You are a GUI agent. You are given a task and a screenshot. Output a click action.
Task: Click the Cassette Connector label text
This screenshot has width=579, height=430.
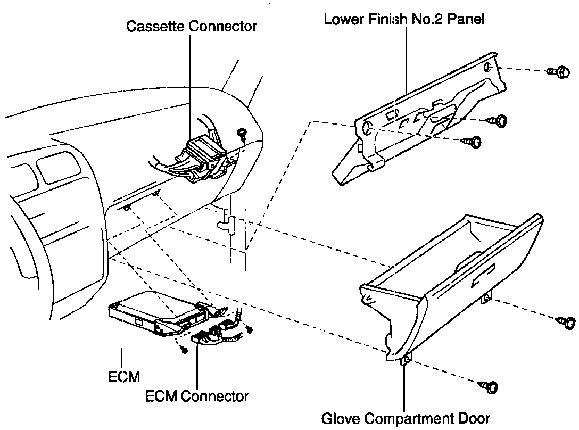coord(191,26)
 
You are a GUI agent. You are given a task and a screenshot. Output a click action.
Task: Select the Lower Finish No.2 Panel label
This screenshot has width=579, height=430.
coord(404,19)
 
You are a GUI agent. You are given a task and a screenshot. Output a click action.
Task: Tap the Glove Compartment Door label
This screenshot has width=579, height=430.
coord(405,418)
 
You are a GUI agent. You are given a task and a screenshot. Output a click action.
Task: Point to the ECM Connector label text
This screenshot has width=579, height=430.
coord(196,396)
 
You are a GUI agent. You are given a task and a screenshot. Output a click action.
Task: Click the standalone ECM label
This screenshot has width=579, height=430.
coord(123,377)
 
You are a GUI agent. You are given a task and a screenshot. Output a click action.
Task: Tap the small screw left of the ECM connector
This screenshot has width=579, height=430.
coord(184,350)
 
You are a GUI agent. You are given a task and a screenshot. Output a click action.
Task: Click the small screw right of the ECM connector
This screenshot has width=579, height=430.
coord(248,329)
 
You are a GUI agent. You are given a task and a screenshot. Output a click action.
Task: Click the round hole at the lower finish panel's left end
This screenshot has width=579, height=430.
coord(366,128)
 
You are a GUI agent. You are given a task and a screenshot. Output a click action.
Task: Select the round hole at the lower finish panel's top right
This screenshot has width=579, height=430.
coord(487,67)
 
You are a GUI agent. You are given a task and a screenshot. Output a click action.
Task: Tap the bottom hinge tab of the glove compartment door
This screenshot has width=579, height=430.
coord(406,360)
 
